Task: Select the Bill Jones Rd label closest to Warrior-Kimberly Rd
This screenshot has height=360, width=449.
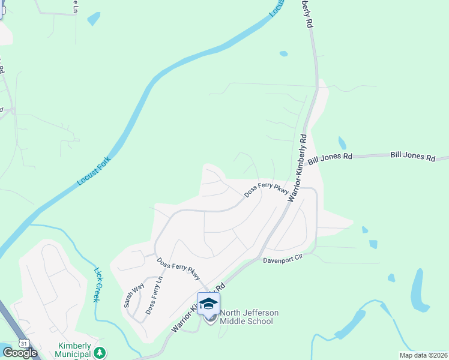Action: (330, 158)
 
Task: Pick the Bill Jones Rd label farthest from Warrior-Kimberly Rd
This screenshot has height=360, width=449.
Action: (413, 157)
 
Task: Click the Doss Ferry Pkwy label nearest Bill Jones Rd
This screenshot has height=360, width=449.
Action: (267, 190)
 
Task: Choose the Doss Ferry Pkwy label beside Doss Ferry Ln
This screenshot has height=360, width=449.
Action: (178, 269)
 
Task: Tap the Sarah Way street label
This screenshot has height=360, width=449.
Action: (134, 295)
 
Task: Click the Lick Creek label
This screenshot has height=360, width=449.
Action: (99, 284)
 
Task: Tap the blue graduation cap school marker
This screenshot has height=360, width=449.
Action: (208, 304)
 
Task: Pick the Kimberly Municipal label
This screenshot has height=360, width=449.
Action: (74, 346)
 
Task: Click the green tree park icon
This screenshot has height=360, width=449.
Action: (101, 351)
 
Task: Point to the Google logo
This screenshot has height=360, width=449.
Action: (20, 353)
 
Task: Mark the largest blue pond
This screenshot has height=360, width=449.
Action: (419, 290)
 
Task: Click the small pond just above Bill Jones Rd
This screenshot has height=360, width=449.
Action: (342, 143)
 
